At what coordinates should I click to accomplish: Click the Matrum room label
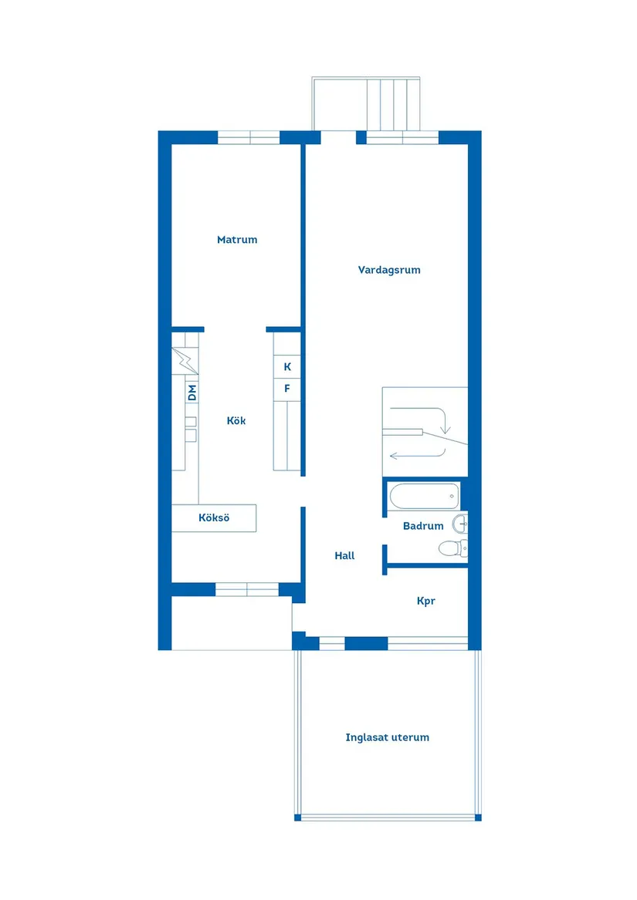(x=237, y=239)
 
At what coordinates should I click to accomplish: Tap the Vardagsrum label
(x=389, y=270)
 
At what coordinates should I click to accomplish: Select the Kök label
(x=235, y=420)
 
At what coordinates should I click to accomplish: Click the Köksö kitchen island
(x=214, y=517)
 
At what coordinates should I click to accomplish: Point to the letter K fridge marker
(x=287, y=367)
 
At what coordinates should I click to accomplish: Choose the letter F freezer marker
(x=287, y=389)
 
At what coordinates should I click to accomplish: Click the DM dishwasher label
(x=192, y=393)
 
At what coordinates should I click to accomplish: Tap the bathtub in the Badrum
(x=424, y=497)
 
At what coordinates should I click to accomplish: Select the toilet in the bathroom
(x=453, y=548)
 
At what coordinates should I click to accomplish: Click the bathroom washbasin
(x=460, y=524)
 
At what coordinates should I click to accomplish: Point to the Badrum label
(x=423, y=526)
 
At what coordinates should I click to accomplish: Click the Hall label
(x=344, y=555)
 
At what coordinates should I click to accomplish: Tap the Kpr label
(x=426, y=601)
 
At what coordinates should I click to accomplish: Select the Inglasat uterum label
(x=388, y=737)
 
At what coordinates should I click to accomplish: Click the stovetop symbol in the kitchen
(x=185, y=361)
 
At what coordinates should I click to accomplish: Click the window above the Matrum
(x=249, y=138)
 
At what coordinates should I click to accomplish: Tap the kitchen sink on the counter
(x=190, y=429)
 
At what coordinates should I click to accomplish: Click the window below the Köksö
(x=247, y=589)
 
